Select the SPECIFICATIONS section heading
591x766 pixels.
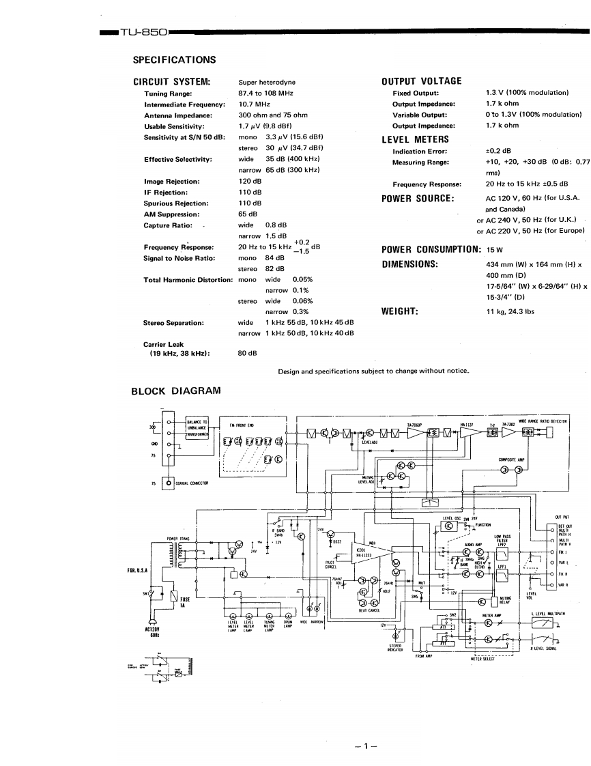point(174,60)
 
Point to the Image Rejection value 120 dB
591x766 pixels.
point(250,182)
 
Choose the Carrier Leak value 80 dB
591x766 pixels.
point(247,353)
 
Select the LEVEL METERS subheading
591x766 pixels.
point(414,139)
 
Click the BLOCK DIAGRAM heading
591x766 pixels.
point(175,391)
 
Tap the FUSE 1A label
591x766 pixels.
point(184,602)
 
